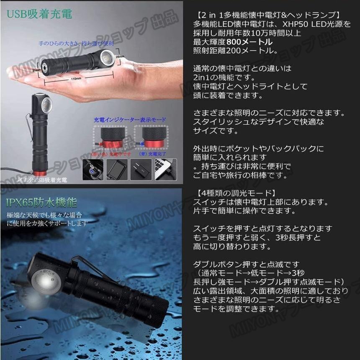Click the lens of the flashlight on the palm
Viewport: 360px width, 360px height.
(107, 59)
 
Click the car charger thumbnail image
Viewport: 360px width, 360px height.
(93, 169)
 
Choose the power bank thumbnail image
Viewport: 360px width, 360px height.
(117, 169)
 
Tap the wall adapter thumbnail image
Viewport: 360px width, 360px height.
(141, 169)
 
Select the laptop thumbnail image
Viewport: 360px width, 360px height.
(165, 169)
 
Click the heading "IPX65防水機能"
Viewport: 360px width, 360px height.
(41, 203)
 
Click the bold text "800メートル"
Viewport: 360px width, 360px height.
(250, 42)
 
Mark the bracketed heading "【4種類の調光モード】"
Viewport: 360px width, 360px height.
(235, 193)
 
